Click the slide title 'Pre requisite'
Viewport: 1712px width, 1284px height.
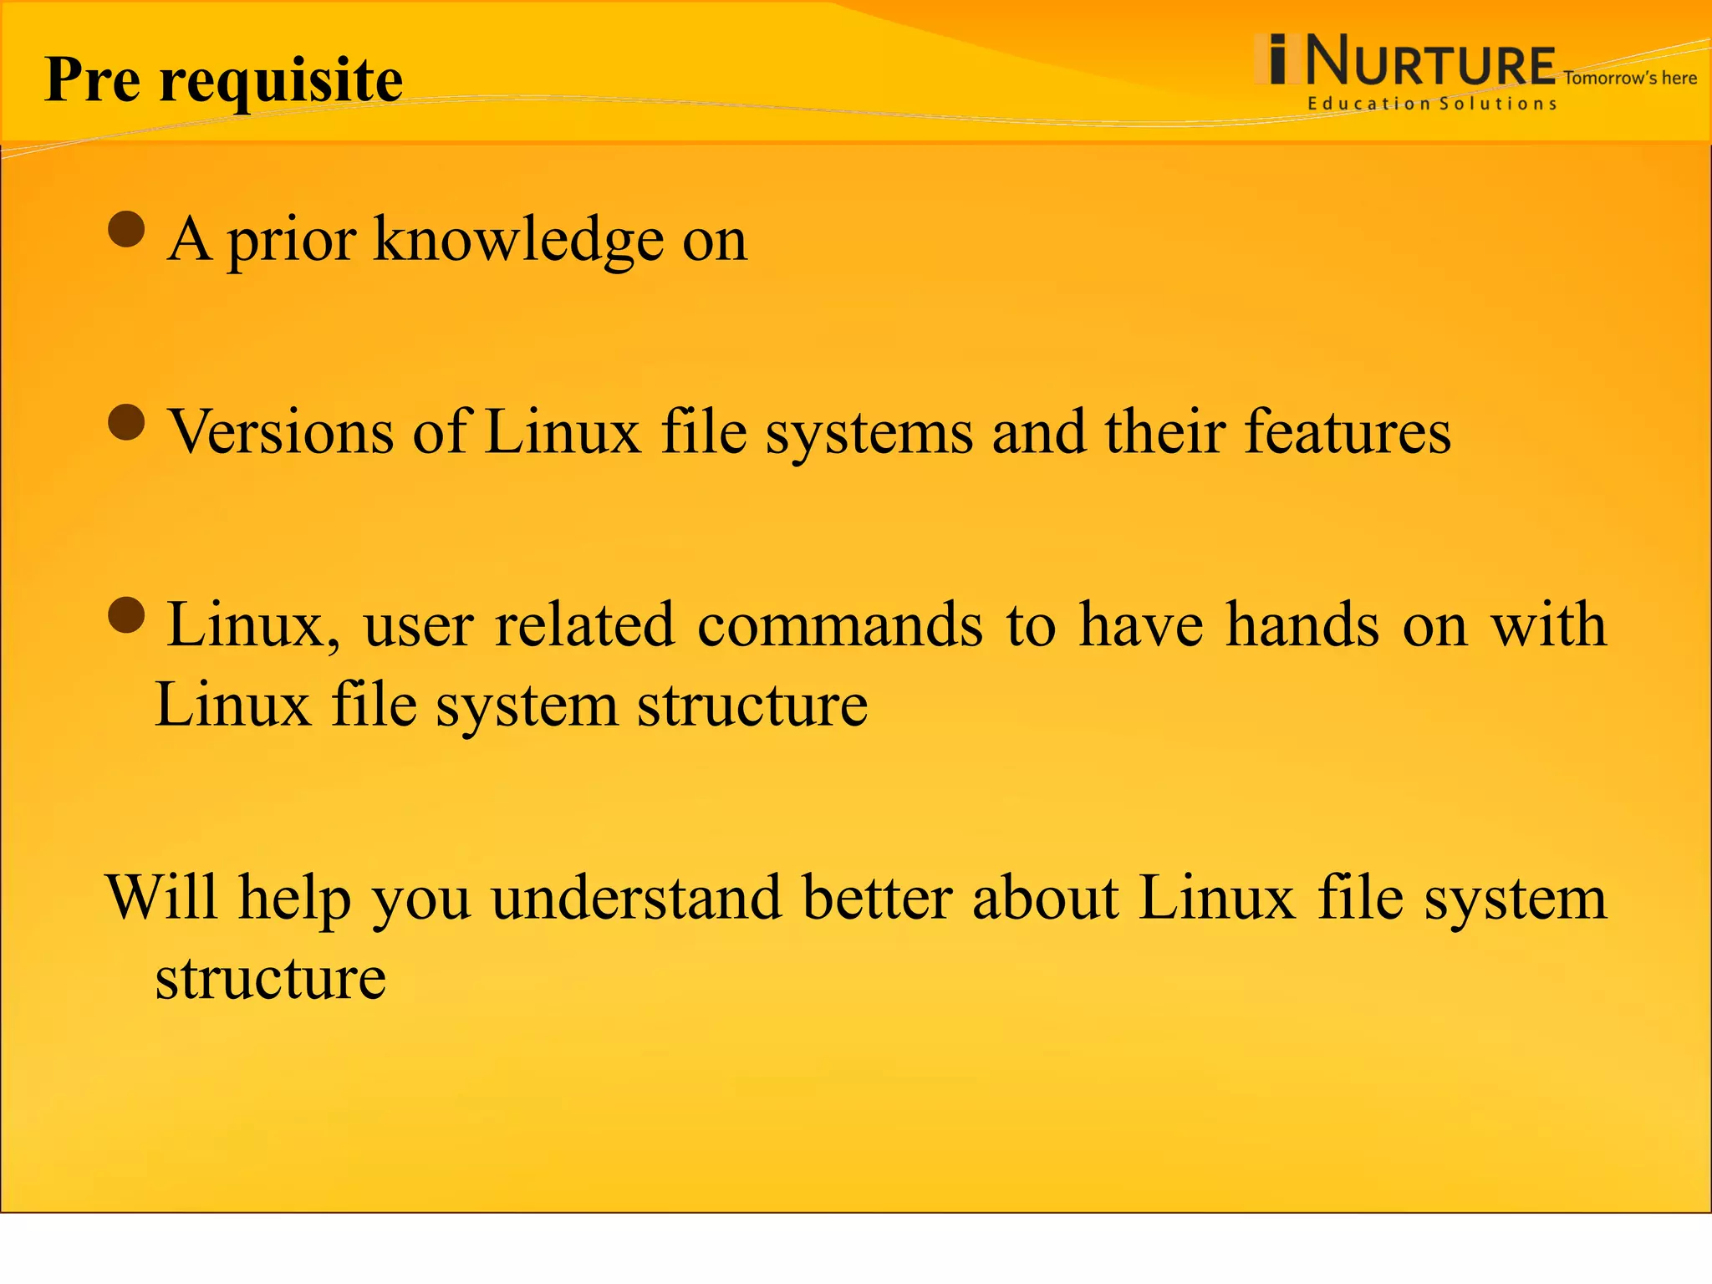(x=223, y=80)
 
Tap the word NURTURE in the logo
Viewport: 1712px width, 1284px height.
(x=1429, y=62)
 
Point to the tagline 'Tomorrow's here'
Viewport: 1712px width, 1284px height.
(x=1629, y=79)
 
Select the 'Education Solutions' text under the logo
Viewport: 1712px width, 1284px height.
(x=1432, y=104)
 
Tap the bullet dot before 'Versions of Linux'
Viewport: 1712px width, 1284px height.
(x=127, y=422)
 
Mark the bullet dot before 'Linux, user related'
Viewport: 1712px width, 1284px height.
(x=127, y=615)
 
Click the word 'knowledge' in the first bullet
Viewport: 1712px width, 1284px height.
(x=518, y=240)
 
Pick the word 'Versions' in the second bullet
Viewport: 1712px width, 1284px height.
(x=281, y=432)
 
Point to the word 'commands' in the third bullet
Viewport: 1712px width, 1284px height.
(x=840, y=625)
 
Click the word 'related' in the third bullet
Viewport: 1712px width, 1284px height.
(x=584, y=625)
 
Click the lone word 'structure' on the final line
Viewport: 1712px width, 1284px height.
(x=270, y=978)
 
